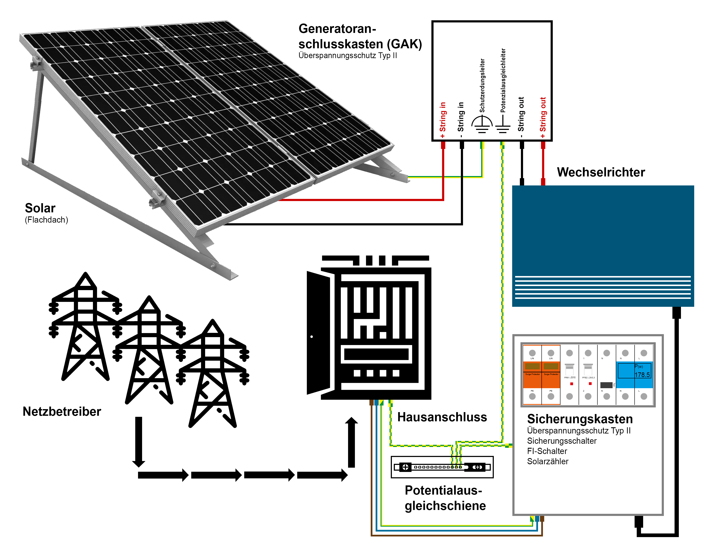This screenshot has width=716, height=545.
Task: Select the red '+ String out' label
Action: (x=543, y=117)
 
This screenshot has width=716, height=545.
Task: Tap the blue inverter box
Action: (x=603, y=234)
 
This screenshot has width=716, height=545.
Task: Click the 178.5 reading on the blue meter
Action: (x=642, y=375)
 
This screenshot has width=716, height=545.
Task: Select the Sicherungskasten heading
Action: (x=580, y=419)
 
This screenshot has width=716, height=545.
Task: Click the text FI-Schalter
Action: (x=547, y=451)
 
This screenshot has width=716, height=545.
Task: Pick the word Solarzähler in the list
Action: (x=548, y=461)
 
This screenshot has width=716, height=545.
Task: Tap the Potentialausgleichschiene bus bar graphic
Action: (x=442, y=467)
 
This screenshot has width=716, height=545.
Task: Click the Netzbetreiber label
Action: (x=62, y=411)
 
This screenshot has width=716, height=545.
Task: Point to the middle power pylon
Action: (x=149, y=350)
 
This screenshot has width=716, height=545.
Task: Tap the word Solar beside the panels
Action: (x=40, y=208)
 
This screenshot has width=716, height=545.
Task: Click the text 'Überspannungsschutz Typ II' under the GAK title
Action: (x=347, y=56)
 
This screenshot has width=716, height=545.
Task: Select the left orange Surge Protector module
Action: (x=532, y=375)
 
